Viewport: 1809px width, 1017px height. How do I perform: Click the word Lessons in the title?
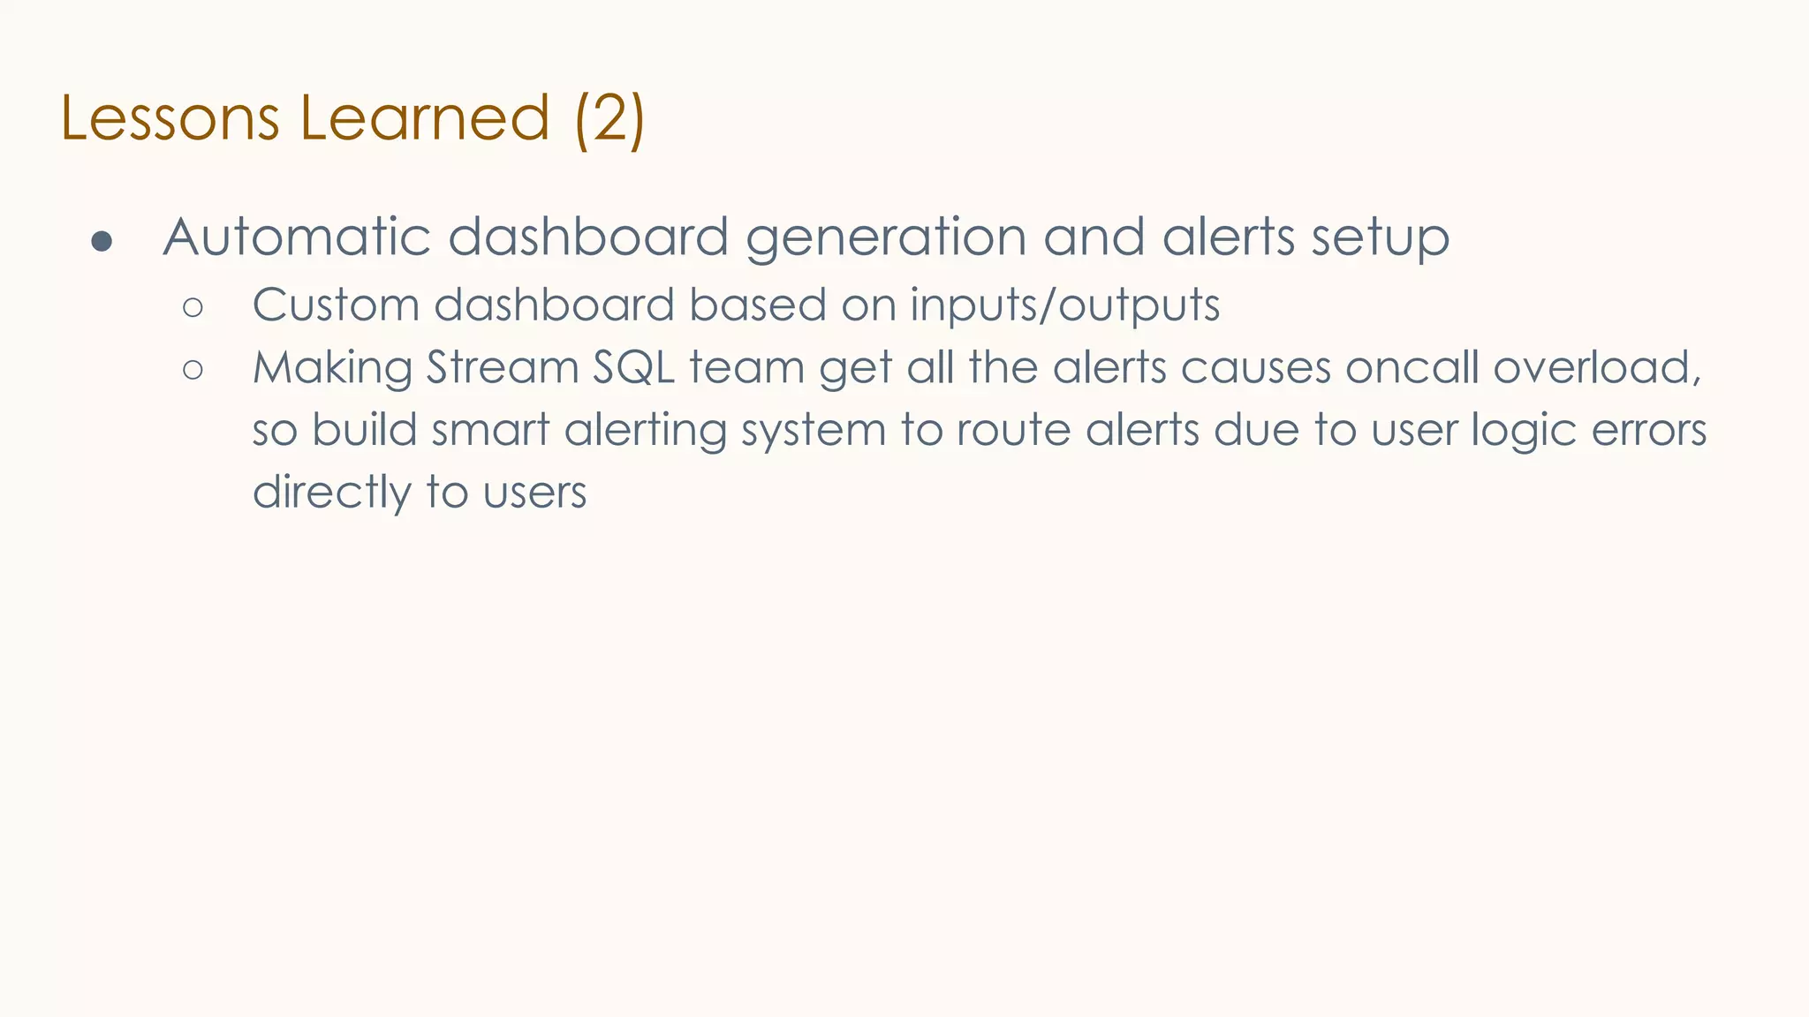[x=170, y=118]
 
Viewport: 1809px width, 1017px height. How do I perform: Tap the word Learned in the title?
[x=425, y=118]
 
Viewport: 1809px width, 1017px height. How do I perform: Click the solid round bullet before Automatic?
[x=102, y=241]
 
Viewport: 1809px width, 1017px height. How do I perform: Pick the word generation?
[x=886, y=238]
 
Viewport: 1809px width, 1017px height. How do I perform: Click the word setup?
[x=1380, y=238]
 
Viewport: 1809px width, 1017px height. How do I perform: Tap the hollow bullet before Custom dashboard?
[x=193, y=307]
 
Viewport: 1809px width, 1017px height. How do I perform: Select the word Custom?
[x=336, y=305]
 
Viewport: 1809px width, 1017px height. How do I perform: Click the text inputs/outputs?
[x=1064, y=306]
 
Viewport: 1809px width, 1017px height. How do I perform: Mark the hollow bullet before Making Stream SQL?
[x=193, y=369]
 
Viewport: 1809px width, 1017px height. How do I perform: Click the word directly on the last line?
[x=331, y=493]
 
